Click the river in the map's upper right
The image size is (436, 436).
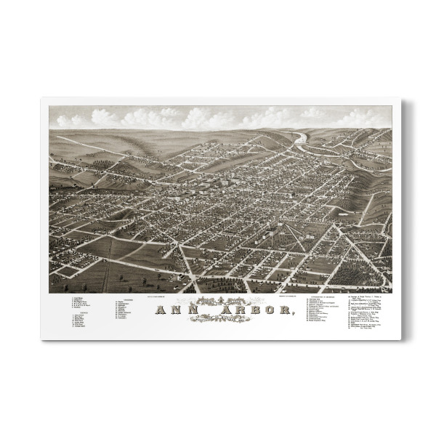302,138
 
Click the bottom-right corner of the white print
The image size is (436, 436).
399,339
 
